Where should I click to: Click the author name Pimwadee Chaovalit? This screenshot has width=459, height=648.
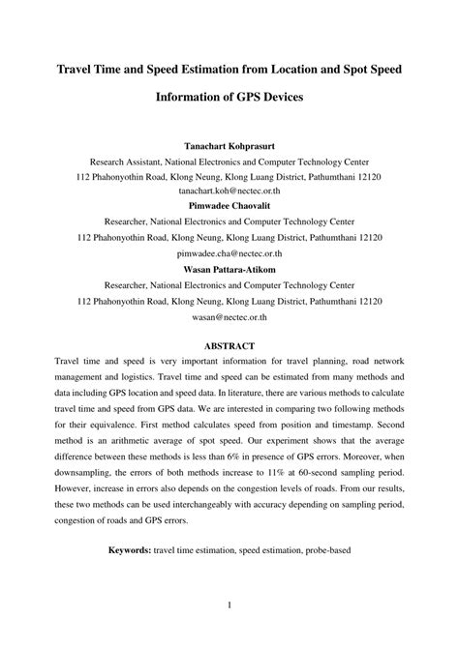(x=229, y=206)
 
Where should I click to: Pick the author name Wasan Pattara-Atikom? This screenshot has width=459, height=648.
(x=229, y=256)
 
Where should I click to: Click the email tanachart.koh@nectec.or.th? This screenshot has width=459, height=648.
(x=229, y=192)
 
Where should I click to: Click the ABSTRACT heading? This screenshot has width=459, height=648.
(x=229, y=344)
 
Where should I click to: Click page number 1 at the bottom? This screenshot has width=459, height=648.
(x=229, y=606)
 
